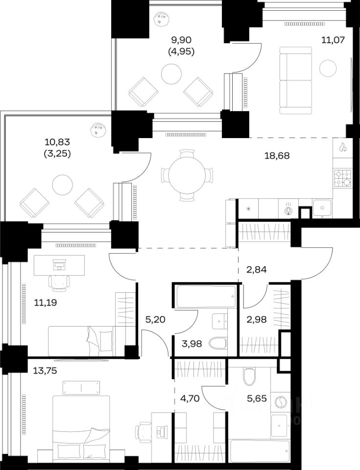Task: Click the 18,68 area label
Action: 277,156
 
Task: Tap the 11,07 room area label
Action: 333,40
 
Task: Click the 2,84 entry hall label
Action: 256,270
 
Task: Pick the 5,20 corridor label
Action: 155,320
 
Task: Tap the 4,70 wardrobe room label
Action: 190,399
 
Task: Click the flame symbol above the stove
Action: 342,147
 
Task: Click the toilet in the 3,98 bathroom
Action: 218,343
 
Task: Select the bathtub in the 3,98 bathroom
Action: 206,297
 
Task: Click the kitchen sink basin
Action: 322,208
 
